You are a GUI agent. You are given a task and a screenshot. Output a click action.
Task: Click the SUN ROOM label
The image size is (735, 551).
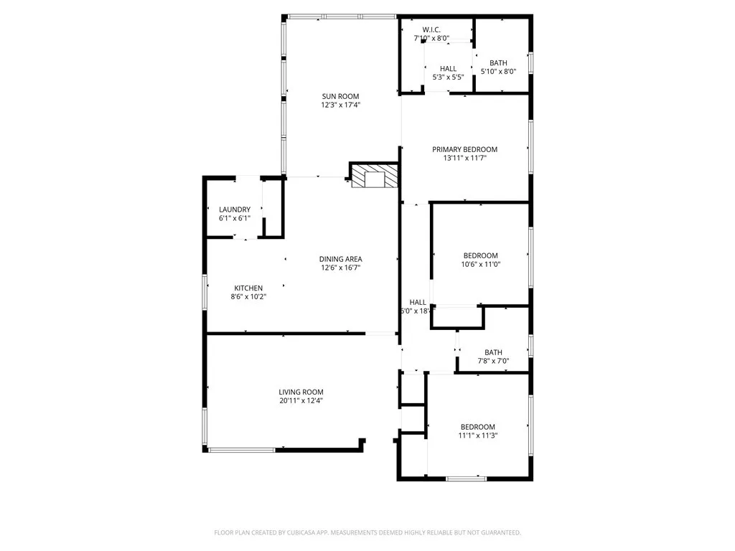point(340,96)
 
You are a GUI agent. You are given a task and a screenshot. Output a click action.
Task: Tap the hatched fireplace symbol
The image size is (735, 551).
point(374,176)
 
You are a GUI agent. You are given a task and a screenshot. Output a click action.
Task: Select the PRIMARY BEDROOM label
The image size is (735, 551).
point(464,149)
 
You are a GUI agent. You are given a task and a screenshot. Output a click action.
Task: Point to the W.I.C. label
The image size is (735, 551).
point(431,29)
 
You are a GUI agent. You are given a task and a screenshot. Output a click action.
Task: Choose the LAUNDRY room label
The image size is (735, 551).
point(235,209)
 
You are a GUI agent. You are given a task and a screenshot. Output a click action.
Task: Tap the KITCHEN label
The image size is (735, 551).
point(247,288)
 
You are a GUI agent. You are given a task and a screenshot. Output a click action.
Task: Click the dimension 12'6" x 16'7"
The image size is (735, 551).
point(340,268)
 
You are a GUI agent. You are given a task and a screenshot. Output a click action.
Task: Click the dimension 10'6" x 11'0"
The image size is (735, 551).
point(480,265)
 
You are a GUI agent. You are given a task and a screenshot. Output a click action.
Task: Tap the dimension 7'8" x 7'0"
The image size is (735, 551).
point(493,361)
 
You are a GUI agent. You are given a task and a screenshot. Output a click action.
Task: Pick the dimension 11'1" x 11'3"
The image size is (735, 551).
point(477,435)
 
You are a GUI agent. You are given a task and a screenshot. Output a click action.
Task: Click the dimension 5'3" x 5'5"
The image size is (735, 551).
point(448,77)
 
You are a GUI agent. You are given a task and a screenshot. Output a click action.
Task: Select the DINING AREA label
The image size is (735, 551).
point(340,259)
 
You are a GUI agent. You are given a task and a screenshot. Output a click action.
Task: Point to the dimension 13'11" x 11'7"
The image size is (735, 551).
point(464,159)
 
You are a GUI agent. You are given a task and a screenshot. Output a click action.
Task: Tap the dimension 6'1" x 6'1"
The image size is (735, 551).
point(235,219)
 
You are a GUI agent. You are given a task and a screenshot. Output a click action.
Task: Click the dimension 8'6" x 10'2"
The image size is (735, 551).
point(247,298)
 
